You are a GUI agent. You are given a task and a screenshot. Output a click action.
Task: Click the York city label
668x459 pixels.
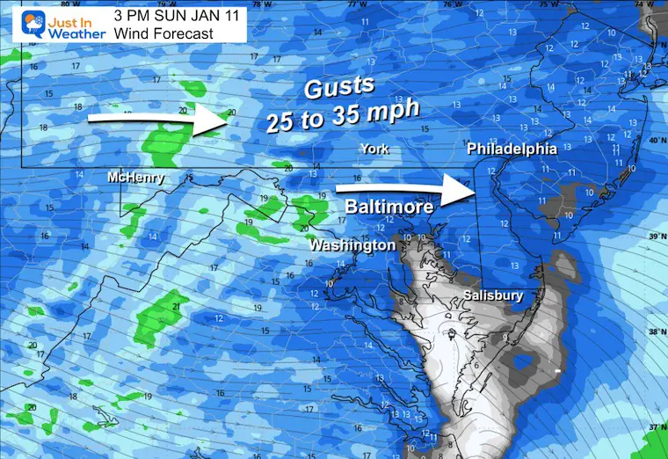(x=374, y=149)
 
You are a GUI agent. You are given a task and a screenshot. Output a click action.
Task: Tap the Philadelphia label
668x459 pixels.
(x=512, y=149)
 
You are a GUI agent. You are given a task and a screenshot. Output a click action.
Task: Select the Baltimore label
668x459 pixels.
(x=388, y=208)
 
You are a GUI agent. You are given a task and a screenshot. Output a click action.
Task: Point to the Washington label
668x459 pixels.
(x=352, y=245)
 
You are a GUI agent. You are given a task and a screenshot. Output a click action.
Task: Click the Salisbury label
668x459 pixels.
(x=492, y=296)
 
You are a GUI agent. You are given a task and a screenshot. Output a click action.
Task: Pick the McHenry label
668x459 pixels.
(x=135, y=178)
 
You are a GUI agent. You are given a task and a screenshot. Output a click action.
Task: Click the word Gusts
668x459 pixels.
(x=338, y=90)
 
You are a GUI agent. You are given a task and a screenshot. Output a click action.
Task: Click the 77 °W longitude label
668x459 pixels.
(x=354, y=4)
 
